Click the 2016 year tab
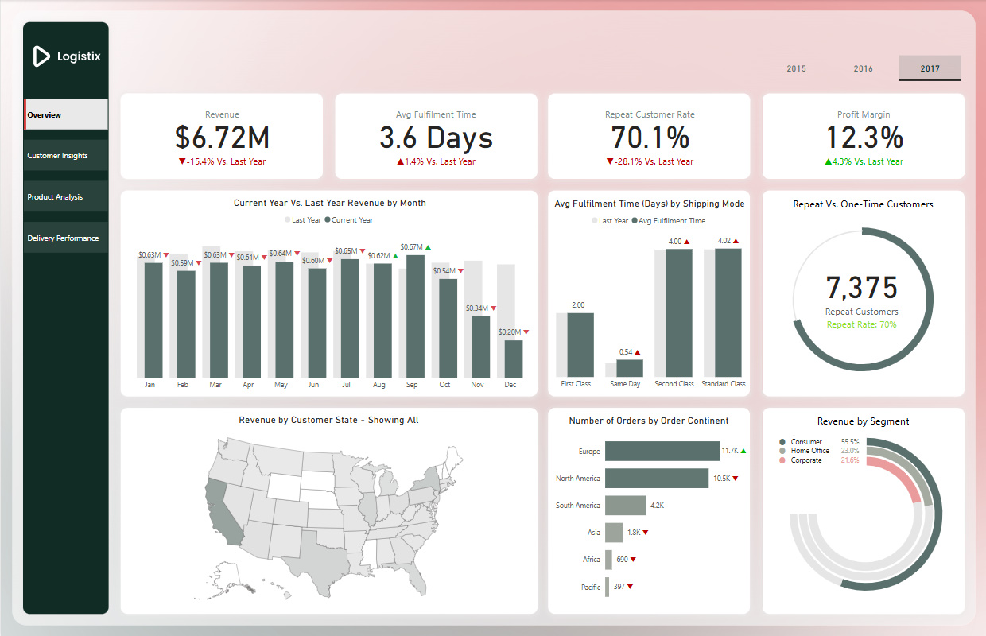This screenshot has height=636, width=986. (863, 68)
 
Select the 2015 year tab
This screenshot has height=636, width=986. (796, 68)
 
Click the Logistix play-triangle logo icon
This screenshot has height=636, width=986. (41, 56)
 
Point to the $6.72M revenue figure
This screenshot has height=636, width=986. (222, 138)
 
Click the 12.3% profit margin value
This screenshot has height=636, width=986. (864, 138)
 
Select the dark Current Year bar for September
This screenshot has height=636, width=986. (415, 316)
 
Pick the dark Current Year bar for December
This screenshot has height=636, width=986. (514, 359)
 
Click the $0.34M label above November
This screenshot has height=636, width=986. (476, 308)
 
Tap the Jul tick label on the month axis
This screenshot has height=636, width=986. (346, 385)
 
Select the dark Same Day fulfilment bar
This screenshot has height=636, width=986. (629, 368)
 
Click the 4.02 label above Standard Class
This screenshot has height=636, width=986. (724, 241)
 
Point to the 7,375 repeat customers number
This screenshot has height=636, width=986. (861, 288)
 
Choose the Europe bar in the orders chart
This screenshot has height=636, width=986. (662, 451)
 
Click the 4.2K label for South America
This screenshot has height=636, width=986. (657, 506)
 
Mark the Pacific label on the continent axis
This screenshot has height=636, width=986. (590, 588)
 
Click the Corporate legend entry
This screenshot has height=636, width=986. (805, 460)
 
